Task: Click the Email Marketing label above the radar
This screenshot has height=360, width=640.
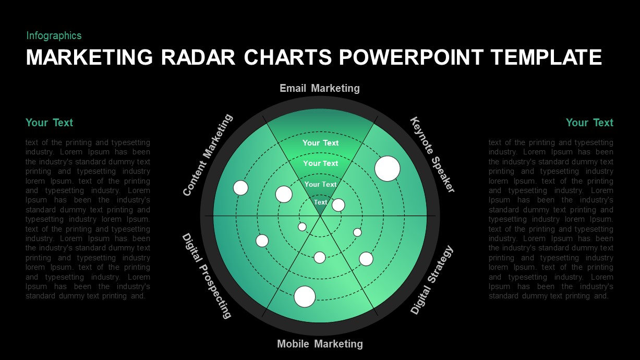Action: [319, 88]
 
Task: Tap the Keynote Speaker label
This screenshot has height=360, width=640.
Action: [432, 154]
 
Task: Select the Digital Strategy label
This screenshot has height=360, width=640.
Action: [432, 280]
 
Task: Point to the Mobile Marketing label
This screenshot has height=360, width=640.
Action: [320, 344]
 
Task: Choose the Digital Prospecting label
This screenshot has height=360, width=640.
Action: [206, 275]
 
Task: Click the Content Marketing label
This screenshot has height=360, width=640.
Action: [208, 155]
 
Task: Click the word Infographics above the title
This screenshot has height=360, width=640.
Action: [54, 35]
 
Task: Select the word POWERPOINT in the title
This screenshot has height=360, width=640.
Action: [414, 57]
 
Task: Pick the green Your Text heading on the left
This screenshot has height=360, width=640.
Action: [49, 123]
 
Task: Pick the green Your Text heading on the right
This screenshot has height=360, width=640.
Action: [589, 123]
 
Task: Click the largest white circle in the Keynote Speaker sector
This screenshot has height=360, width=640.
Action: [388, 169]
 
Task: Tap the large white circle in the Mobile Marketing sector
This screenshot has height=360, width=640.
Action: [305, 296]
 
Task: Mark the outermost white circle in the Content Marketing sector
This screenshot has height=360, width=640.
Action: [240, 187]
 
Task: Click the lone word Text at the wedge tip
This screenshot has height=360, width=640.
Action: [320, 202]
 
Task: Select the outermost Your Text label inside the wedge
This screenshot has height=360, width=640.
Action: [320, 143]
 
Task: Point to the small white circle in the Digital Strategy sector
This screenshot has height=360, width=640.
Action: [357, 232]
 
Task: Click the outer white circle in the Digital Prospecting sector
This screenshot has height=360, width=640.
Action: [262, 241]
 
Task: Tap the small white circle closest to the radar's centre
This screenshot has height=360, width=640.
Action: [302, 226]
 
